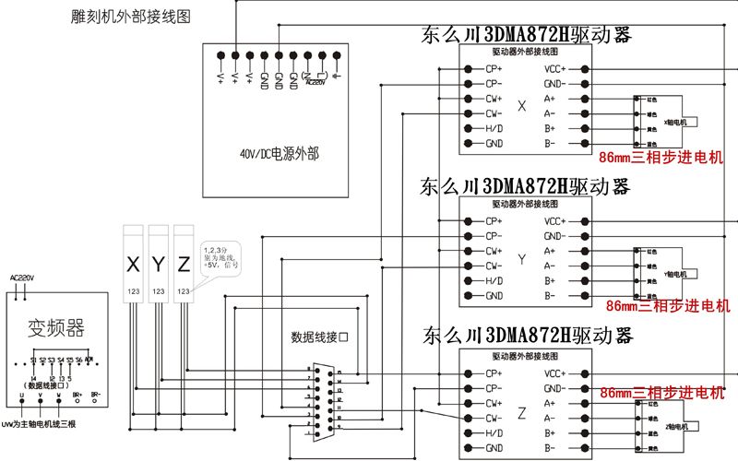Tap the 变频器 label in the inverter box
[x=56, y=327]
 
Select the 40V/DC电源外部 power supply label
[x=276, y=154]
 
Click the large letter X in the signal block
[x=133, y=266]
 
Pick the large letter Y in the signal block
[x=158, y=266]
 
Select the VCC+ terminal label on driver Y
[x=554, y=221]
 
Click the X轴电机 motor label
[x=678, y=121]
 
